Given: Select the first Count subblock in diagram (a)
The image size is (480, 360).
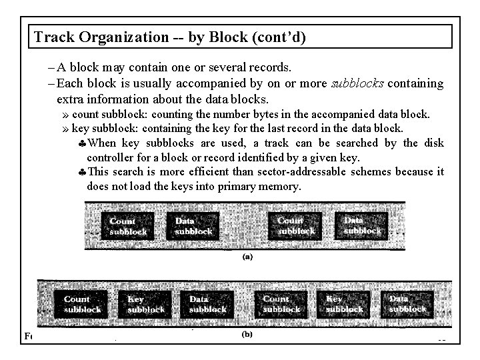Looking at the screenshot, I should [127, 226].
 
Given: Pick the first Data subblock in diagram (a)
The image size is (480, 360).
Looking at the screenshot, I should [193, 226].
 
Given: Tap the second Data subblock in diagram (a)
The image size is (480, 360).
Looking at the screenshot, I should [361, 225].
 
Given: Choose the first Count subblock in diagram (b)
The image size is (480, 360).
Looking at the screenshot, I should [83, 304].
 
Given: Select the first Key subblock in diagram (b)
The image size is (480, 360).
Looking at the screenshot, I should [145, 304].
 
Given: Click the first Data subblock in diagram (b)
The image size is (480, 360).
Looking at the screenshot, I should [207, 304].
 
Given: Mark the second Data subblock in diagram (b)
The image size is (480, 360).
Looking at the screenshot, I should [407, 304].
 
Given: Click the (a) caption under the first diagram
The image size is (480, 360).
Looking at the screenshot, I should [247, 255].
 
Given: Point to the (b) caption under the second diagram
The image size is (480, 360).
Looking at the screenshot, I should [247, 335].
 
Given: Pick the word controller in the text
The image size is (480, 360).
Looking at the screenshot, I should [110, 157].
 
